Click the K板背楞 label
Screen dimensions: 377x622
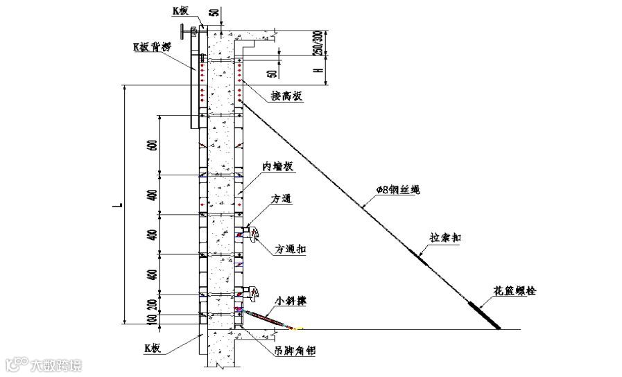click(155, 47)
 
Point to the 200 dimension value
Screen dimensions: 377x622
click(153, 303)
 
